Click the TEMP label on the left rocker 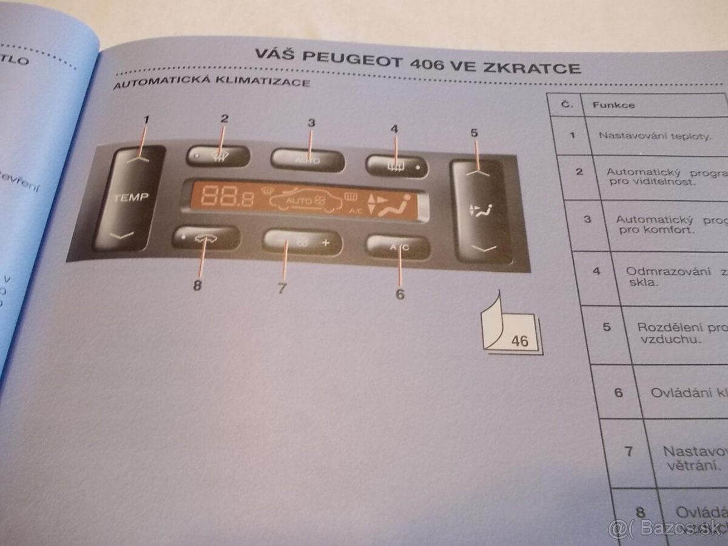click(130, 197)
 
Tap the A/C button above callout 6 click(399, 247)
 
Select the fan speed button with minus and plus click(302, 242)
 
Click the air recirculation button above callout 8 click(205, 238)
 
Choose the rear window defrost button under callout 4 click(396, 164)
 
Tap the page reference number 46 click(520, 341)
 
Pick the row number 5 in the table click(606, 327)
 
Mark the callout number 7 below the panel click(281, 289)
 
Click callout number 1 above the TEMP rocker click(146, 120)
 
